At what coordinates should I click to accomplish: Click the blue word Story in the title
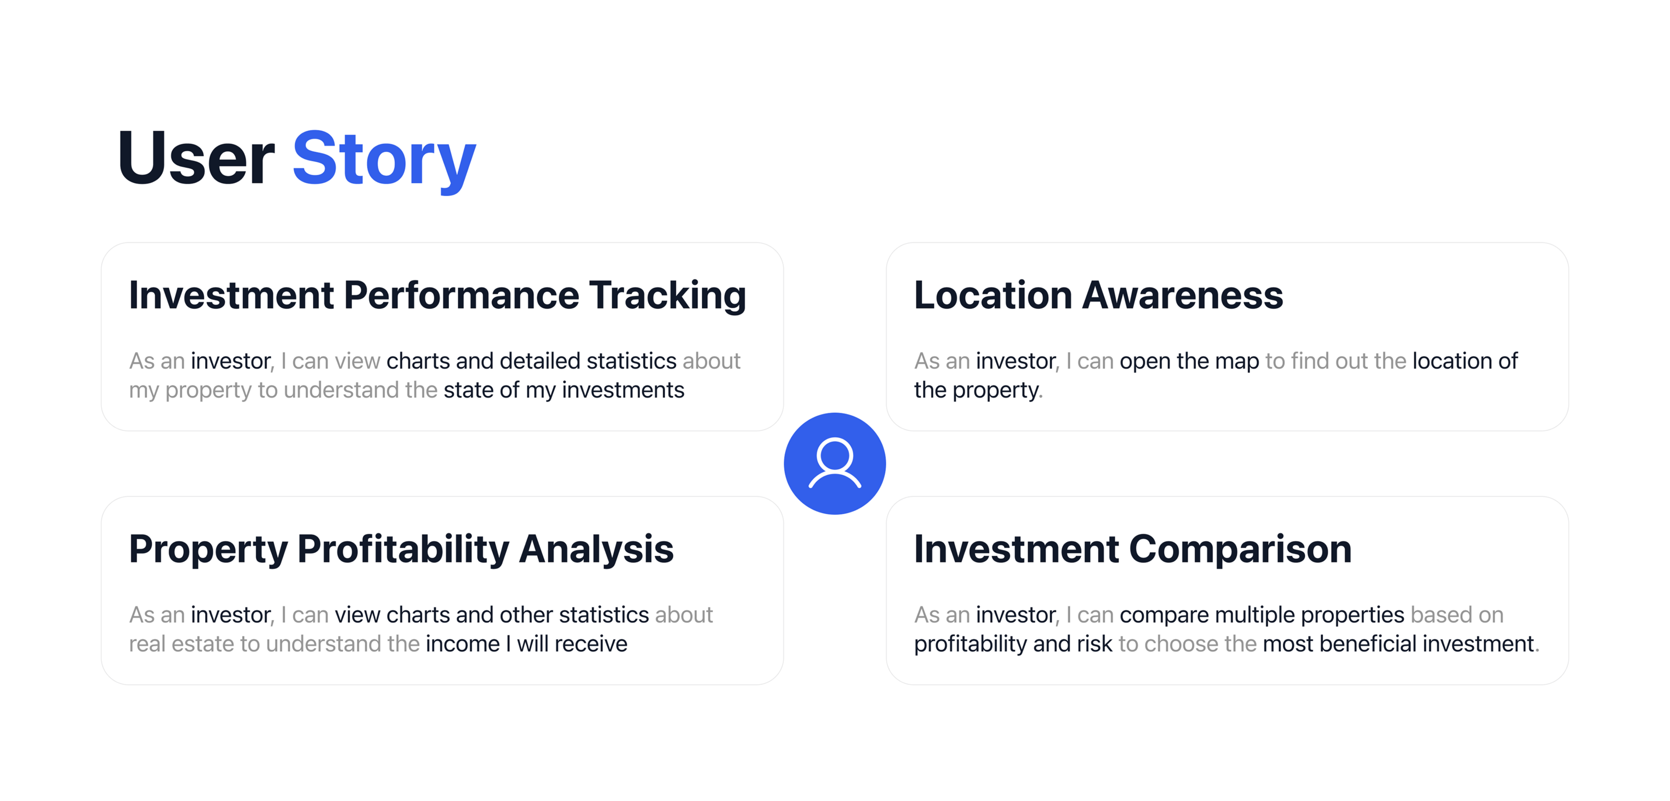[385, 160]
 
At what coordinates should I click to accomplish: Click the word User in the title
[196, 157]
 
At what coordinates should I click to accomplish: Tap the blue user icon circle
[835, 464]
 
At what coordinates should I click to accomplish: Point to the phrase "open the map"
[1189, 361]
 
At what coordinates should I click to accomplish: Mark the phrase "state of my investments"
[564, 390]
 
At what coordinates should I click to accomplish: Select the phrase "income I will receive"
[527, 644]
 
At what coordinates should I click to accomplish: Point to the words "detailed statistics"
[588, 361]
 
